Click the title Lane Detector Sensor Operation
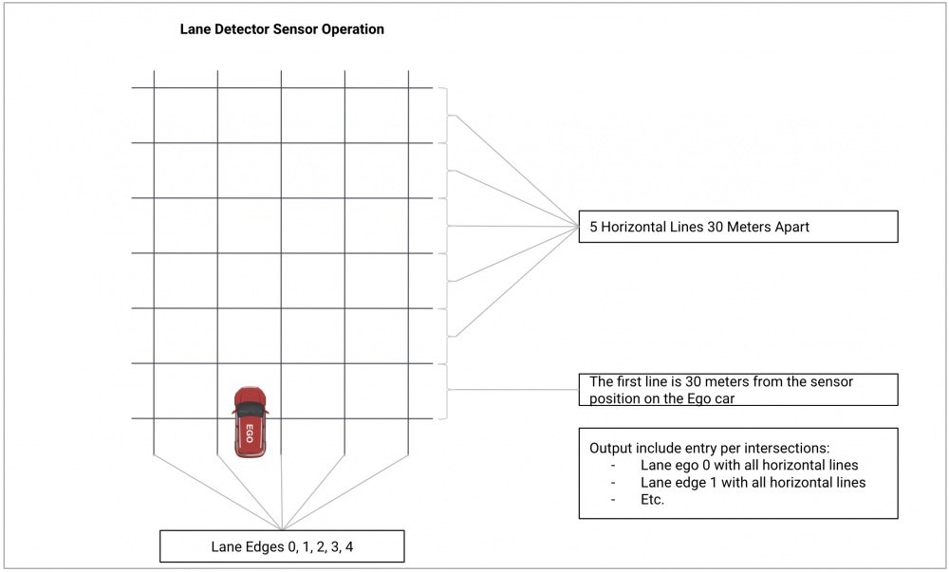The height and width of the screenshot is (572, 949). point(282,29)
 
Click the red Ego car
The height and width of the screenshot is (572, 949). point(250,422)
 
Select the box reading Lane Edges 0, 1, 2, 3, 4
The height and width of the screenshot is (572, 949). point(282,546)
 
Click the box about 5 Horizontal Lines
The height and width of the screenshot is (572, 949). point(737,227)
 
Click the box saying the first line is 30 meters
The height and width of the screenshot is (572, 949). point(737,390)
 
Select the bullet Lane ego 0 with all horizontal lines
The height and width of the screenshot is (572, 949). point(749,465)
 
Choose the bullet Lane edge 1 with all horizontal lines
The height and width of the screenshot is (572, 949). point(753,482)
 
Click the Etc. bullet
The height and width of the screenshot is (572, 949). point(653,499)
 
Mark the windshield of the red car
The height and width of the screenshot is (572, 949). point(250,408)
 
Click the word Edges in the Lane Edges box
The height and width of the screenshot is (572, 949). point(263,546)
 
